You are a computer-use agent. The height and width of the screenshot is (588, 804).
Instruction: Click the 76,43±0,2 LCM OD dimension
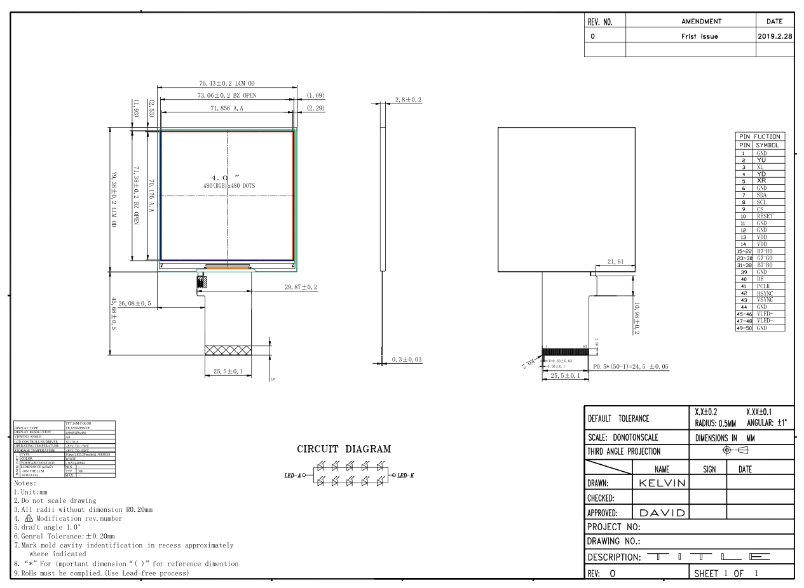(x=227, y=83)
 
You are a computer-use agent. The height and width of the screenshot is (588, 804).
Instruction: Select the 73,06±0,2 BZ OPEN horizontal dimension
(x=227, y=95)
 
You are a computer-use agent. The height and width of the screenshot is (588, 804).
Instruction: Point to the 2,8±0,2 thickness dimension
(x=408, y=100)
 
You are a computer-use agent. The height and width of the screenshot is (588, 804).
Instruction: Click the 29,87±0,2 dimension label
(x=301, y=287)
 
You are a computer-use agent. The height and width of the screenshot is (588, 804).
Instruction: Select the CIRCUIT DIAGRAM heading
(x=344, y=449)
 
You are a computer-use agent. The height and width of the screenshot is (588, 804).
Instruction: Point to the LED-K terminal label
(x=402, y=475)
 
